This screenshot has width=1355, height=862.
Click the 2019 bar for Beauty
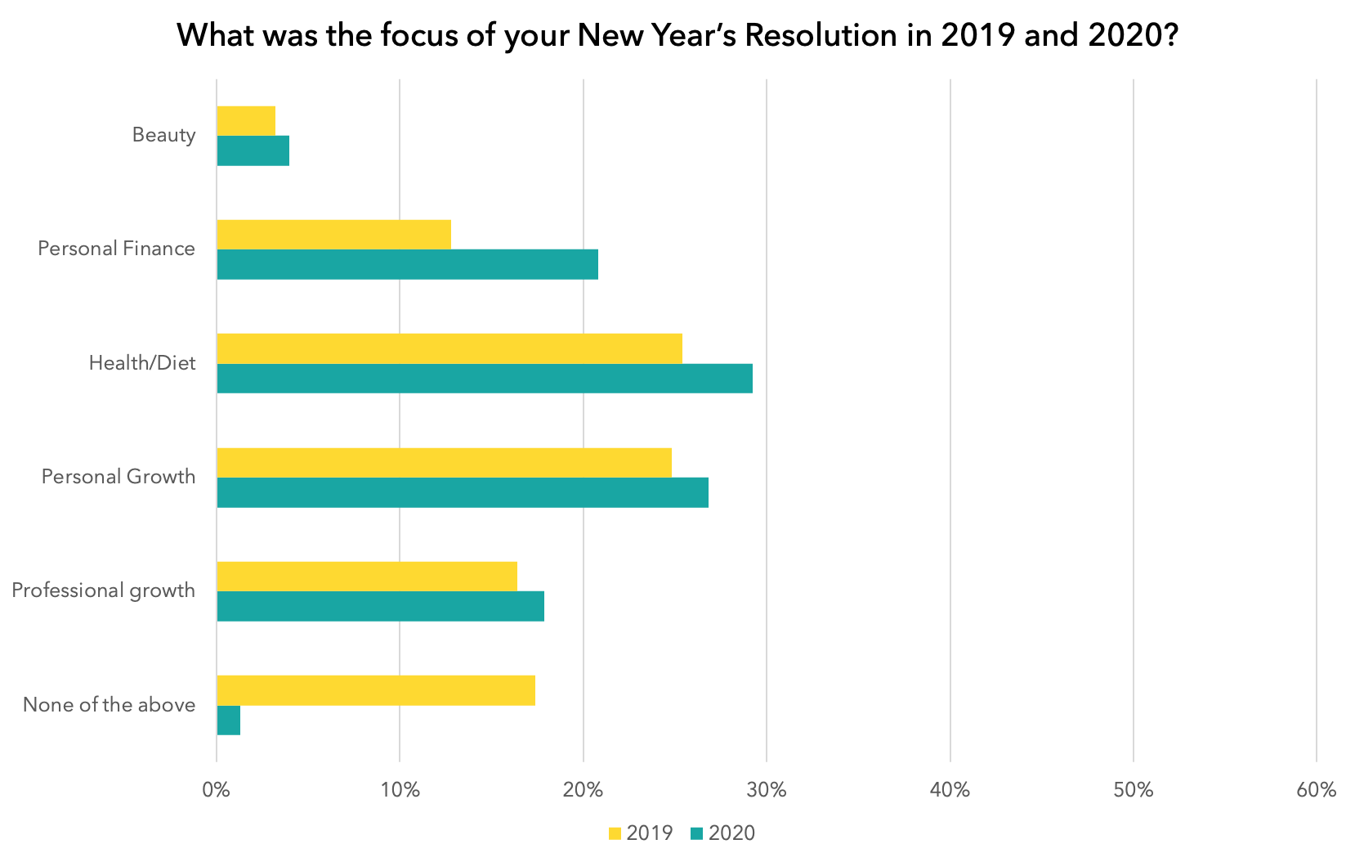(246, 121)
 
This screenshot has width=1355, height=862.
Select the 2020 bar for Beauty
(253, 150)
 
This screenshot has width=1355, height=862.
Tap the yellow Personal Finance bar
(333, 235)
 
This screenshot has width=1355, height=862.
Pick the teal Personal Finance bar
(407, 264)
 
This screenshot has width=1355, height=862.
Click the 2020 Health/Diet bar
(485, 379)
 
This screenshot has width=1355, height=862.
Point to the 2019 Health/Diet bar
(449, 348)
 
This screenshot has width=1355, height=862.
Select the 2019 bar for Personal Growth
(444, 463)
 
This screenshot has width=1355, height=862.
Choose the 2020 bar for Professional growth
(380, 606)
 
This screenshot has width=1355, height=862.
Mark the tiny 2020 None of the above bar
(229, 721)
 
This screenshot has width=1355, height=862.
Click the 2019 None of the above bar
(376, 690)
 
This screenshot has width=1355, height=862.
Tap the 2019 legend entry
(641, 833)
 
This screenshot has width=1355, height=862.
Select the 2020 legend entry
(722, 833)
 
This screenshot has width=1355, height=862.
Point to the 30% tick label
(767, 790)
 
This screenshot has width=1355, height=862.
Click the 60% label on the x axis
(1316, 790)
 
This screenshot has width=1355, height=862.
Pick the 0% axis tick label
(217, 790)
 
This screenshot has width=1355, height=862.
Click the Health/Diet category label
(142, 362)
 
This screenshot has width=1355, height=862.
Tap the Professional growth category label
(103, 590)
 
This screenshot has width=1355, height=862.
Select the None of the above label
(109, 705)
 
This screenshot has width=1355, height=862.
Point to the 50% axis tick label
(1134, 790)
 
